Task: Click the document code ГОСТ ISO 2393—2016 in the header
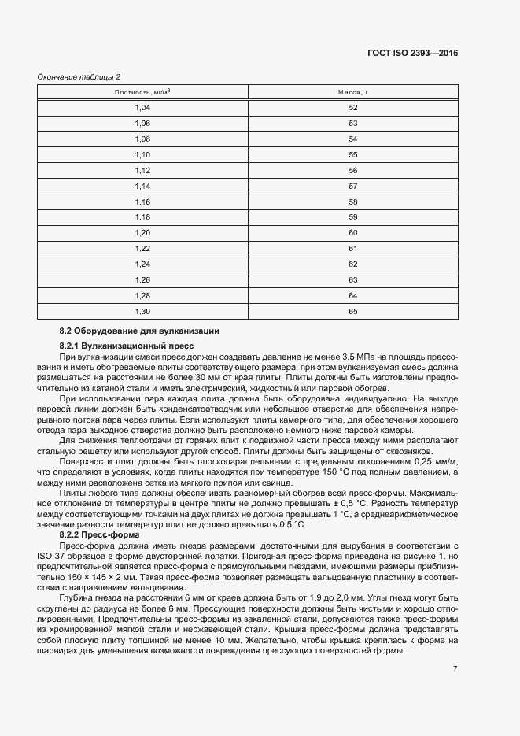pos(412,53)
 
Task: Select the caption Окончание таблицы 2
pos(79,76)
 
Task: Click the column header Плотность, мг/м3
pos(142,92)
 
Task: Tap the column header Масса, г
pos(352,92)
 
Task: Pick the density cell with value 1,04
pos(142,108)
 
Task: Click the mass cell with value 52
pos(352,108)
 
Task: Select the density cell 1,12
pos(142,170)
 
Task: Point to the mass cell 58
pos(352,202)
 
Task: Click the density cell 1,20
pos(142,233)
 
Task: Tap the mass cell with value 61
pos(352,249)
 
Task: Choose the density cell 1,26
pos(142,280)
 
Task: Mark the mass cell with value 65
pos(352,312)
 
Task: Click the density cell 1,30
pos(142,312)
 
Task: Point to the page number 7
pos(455,669)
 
